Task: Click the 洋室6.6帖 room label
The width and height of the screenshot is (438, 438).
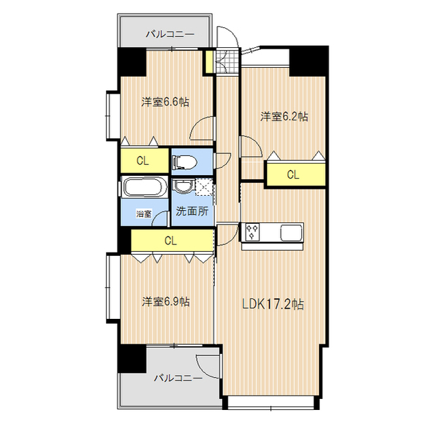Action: coord(166,102)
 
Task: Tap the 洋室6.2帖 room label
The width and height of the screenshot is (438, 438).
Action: coord(283,116)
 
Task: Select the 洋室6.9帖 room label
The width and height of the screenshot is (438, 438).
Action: coord(166,301)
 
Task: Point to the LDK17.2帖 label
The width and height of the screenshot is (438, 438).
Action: coord(273,305)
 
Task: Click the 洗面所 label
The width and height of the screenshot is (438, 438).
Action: coord(191,211)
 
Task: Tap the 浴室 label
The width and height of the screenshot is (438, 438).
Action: coord(144,214)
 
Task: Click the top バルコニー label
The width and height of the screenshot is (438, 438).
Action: coord(170,34)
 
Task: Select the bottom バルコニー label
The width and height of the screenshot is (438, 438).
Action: coord(177,377)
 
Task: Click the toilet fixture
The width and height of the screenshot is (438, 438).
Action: coord(184,162)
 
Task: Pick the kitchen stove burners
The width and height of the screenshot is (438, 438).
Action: coord(251,233)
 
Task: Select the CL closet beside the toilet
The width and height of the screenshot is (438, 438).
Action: coord(144,162)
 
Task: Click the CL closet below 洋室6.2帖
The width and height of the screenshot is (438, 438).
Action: coord(293,175)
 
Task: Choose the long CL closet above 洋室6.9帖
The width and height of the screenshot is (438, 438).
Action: coord(171,241)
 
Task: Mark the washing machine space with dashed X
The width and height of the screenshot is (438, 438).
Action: coord(204,187)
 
